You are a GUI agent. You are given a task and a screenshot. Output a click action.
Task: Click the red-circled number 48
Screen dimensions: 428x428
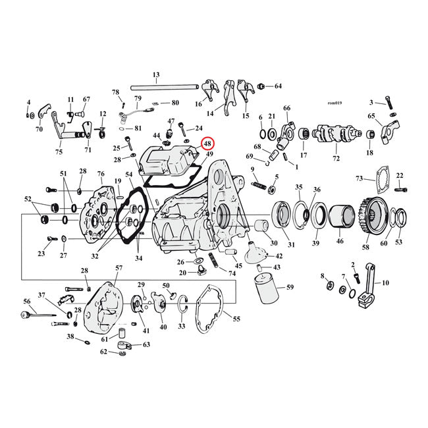point(207,144)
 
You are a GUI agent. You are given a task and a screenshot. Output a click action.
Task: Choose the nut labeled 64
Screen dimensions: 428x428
point(261,86)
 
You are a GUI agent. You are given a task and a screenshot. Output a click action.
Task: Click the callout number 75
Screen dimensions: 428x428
point(59,152)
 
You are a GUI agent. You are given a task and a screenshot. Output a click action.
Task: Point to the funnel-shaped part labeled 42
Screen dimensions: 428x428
point(254,253)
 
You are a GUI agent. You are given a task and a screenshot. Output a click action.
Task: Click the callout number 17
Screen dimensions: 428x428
point(304,155)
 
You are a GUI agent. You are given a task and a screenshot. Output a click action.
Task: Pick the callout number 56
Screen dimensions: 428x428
point(27,301)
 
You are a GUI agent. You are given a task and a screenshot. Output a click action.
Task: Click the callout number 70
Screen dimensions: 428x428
point(39,130)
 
